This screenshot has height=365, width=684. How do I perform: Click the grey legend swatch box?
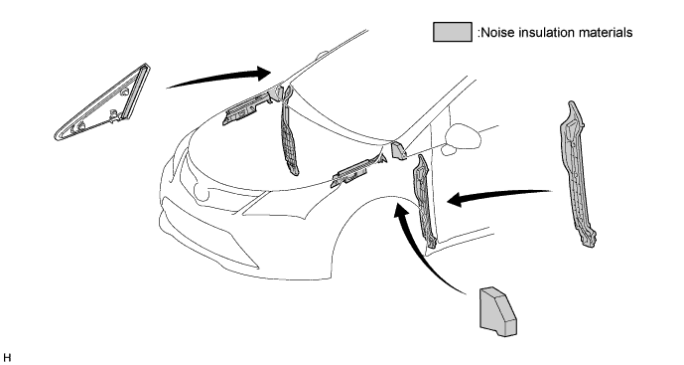pyautogui.click(x=453, y=32)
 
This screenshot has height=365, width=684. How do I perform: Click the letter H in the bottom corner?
pyautogui.click(x=7, y=357)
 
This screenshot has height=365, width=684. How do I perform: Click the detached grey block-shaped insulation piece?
pyautogui.click(x=497, y=311)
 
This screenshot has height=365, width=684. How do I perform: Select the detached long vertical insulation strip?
pyautogui.click(x=576, y=174)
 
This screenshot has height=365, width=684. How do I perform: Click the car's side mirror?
pyautogui.click(x=464, y=136)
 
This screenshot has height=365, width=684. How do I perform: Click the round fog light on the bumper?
pyautogui.click(x=202, y=192)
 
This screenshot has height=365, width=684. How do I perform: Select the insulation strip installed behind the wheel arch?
pyautogui.click(x=425, y=201)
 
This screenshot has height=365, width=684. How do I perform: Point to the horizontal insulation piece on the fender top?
pyautogui.click(x=358, y=170)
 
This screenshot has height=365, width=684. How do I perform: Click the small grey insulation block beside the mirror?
pyautogui.click(x=398, y=149)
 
